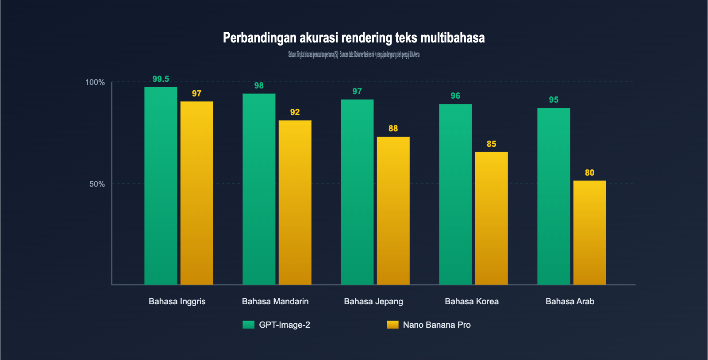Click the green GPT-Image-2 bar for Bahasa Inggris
[161, 186]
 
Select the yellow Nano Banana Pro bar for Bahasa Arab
[589, 232]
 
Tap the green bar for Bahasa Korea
[455, 195]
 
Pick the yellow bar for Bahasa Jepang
[393, 211]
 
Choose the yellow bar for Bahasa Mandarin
[295, 203]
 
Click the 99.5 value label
[161, 79]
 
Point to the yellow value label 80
[589, 173]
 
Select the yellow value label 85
[491, 144]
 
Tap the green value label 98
[259, 86]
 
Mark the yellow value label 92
[295, 112]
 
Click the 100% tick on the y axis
[95, 82]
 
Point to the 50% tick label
[97, 184]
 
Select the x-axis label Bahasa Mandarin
[275, 302]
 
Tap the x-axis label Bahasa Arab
[570, 302]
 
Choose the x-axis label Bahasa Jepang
[373, 302]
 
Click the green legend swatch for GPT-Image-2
[248, 325]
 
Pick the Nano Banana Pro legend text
[437, 325]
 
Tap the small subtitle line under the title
[354, 55]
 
